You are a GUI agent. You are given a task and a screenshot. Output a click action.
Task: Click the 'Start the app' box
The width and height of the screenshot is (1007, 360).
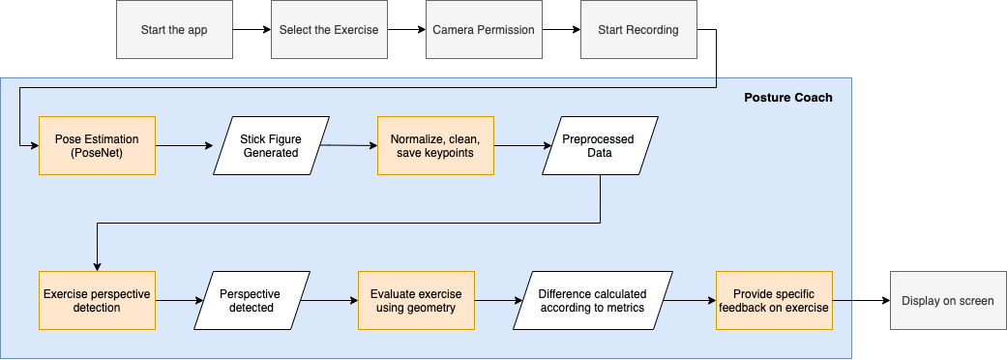[x=174, y=29]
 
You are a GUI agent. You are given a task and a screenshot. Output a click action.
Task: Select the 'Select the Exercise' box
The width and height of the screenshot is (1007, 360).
[x=329, y=29]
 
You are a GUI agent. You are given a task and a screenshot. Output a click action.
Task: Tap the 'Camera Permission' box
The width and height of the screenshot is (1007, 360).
[x=484, y=29]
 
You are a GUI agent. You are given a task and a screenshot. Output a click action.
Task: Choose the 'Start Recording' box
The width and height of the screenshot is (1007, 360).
[x=637, y=29]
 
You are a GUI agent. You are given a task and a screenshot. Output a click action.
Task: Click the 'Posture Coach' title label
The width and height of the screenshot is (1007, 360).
[x=787, y=98]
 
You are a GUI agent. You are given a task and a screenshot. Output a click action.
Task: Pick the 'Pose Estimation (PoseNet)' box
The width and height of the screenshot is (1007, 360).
[x=97, y=146]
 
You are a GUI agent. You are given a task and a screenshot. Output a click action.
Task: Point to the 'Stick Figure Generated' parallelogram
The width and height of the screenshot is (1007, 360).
[x=271, y=146]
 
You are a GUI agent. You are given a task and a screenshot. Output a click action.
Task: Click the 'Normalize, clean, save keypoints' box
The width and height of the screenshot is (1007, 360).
[x=435, y=146]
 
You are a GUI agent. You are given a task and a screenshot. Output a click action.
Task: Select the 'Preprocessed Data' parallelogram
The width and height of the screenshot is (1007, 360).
[x=600, y=146]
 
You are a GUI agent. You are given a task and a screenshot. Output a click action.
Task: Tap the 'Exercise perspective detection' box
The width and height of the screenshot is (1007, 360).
[x=97, y=300]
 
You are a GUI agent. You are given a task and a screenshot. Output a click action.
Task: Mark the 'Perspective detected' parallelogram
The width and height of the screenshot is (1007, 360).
[x=252, y=300]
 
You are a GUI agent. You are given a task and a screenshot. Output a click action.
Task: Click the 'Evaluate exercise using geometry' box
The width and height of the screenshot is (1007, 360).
[x=416, y=300]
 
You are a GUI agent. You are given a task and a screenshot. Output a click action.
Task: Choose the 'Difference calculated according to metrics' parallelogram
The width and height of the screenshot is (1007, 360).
[x=592, y=300]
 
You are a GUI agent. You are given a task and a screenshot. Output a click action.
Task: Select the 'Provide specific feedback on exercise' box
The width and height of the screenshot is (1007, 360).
[x=773, y=300]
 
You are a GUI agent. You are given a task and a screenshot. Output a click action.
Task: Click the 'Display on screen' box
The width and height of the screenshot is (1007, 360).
[x=947, y=300]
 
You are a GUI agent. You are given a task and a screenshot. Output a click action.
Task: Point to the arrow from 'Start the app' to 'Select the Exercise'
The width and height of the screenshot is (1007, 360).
[x=252, y=29]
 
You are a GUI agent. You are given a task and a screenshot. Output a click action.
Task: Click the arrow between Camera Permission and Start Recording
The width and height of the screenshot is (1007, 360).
[x=560, y=29]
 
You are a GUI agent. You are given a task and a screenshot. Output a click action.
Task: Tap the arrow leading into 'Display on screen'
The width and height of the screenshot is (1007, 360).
[x=860, y=300]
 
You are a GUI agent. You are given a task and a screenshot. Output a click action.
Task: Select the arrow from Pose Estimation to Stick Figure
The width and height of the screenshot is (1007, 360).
[x=184, y=146]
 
